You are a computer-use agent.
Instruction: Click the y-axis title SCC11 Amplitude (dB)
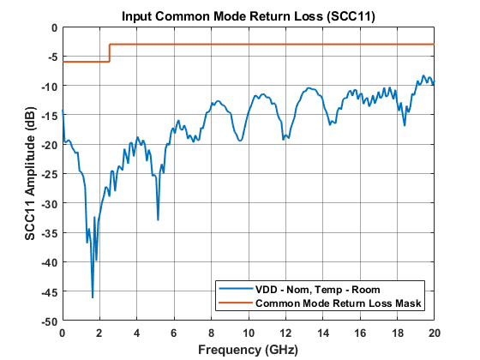coord(30,174)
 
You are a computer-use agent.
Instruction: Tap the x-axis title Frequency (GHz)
coord(248,350)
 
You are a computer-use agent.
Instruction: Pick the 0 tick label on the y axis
coord(53,27)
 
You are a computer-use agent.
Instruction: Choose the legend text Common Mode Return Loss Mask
coord(339,303)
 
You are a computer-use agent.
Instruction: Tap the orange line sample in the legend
coord(235,303)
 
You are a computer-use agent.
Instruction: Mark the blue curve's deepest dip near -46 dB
coord(93,297)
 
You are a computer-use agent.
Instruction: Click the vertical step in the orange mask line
coord(110,53)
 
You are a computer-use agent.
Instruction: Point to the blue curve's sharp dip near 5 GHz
coord(158,219)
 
